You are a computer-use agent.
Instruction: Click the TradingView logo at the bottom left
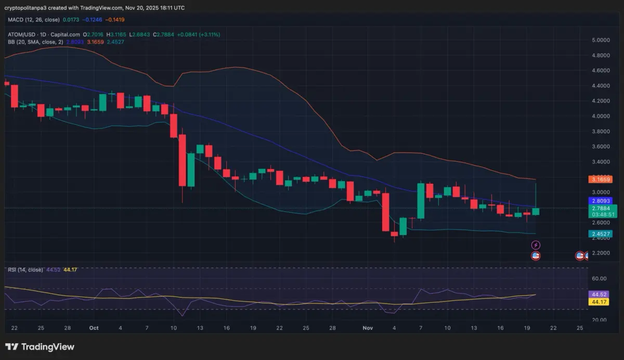pyautogui.click(x=40, y=347)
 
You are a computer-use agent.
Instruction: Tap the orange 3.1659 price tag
pyautogui.click(x=600, y=179)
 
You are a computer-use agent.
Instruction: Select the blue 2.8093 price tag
pyautogui.click(x=600, y=200)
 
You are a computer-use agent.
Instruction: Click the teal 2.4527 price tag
pyautogui.click(x=600, y=234)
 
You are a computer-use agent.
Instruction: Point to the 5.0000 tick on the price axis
pyautogui.click(x=601, y=40)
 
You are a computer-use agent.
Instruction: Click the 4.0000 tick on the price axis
pyautogui.click(x=601, y=116)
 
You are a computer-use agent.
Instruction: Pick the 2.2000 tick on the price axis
pyautogui.click(x=601, y=253)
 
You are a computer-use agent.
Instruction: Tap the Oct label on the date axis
pyautogui.click(x=94, y=328)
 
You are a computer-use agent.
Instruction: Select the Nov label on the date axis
pyautogui.click(x=368, y=328)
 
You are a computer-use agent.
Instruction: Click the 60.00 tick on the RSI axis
pyautogui.click(x=599, y=279)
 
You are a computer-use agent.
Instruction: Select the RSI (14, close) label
pyautogui.click(x=25, y=269)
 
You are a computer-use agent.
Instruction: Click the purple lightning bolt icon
pyautogui.click(x=536, y=245)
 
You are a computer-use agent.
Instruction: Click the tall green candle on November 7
pyautogui.click(x=421, y=201)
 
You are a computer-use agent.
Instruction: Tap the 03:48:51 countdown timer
pyautogui.click(x=601, y=214)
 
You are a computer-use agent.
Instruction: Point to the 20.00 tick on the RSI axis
pyautogui.click(x=599, y=320)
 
